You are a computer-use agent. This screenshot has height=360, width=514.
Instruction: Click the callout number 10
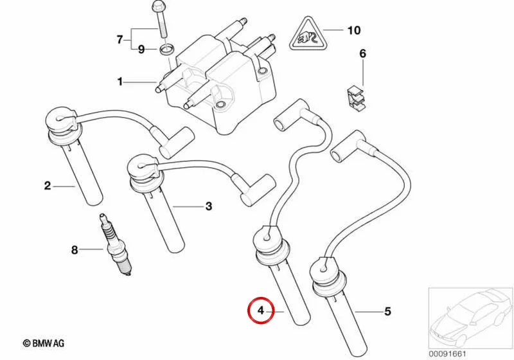click(354, 30)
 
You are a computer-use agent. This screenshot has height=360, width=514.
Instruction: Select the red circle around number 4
click(261, 310)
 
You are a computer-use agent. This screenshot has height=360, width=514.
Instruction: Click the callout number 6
click(362, 53)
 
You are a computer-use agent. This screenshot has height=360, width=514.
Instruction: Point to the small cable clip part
click(357, 98)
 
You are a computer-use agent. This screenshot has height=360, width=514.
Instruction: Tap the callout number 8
click(75, 250)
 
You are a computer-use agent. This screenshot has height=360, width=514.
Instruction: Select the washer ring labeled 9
click(166, 50)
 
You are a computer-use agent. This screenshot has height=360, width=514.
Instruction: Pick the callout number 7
click(120, 40)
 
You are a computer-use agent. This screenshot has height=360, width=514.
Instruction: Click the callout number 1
click(120, 81)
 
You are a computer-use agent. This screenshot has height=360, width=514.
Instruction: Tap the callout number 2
click(48, 186)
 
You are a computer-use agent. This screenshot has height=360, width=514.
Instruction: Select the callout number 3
click(208, 206)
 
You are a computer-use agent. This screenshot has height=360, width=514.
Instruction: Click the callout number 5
click(387, 311)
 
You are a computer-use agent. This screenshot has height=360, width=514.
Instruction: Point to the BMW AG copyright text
click(44, 343)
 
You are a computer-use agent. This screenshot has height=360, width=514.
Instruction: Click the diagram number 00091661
click(447, 354)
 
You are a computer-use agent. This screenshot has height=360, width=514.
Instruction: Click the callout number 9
click(141, 50)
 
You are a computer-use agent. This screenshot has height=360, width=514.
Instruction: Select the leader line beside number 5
click(368, 312)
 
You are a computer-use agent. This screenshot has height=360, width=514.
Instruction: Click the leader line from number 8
click(91, 250)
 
